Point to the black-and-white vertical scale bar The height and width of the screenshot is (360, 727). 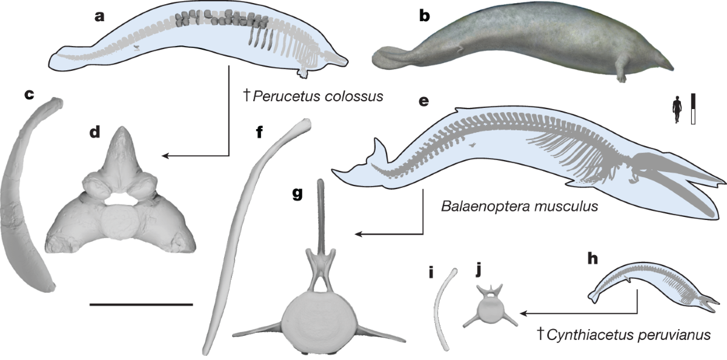pyautogui.click(x=692, y=109)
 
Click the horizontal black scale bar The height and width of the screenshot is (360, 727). pyautogui.click(x=141, y=304)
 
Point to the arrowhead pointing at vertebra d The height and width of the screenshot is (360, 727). pyautogui.click(x=166, y=156)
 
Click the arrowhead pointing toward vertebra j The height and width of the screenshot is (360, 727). pyautogui.click(x=523, y=313)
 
